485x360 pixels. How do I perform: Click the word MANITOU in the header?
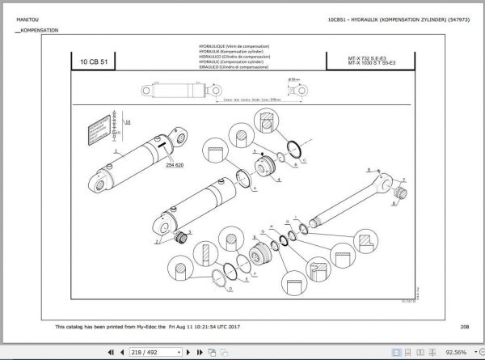click(20, 18)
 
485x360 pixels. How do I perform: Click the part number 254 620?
click(176, 164)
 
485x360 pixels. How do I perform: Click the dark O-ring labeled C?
click(297, 146)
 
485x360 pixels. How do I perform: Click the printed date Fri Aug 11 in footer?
click(188, 326)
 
